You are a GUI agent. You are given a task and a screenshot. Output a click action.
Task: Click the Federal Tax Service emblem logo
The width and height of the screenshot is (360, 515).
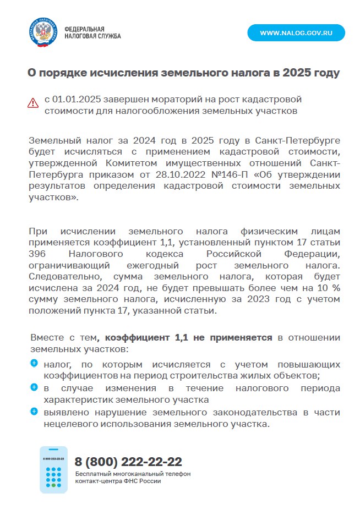(43, 32)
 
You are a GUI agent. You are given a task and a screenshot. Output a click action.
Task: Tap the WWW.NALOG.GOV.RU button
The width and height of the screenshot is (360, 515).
(296, 33)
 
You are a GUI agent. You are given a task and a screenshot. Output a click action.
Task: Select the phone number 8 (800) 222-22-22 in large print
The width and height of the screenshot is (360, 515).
(128, 462)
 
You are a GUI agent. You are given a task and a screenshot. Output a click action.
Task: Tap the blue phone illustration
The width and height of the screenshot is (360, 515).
(53, 469)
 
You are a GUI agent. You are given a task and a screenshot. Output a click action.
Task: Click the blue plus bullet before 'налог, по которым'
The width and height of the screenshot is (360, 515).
(34, 363)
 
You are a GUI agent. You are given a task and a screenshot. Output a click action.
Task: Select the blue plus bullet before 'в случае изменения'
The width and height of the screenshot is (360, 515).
(34, 387)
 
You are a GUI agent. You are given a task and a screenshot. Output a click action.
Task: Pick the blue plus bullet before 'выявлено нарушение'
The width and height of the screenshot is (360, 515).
(34, 412)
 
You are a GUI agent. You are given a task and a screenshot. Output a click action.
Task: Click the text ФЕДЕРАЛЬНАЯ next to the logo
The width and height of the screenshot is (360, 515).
(84, 29)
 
